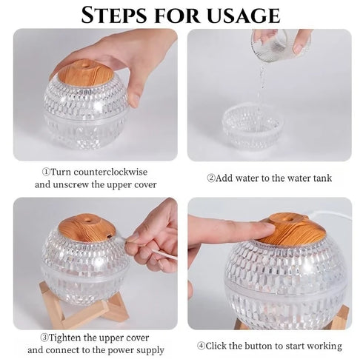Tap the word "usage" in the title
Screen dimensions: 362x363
tap(244, 15)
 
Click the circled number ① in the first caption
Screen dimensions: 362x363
tap(46, 171)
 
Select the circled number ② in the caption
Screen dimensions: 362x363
tap(211, 178)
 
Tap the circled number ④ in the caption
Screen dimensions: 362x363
tap(201, 346)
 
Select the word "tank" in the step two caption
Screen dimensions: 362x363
tap(321, 178)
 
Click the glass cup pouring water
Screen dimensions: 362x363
tap(278, 46)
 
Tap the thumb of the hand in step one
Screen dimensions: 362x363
tap(134, 95)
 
